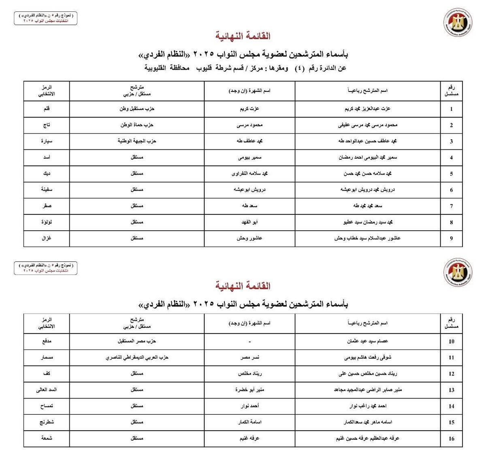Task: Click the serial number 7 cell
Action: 451,206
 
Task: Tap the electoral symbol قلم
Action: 47,109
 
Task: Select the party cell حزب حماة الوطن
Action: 137,125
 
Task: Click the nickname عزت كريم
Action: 249,109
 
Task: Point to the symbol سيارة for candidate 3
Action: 47,141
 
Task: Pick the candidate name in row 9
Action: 367,238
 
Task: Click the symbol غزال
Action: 47,238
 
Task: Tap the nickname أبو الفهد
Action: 249,222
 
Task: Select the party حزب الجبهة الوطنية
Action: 137,141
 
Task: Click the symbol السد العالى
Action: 47,390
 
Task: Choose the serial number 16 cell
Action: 451,438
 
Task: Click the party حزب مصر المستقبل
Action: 137,341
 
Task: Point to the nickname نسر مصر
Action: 249,357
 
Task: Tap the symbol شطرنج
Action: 47,422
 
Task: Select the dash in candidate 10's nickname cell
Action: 249,342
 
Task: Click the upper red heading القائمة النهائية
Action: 243,36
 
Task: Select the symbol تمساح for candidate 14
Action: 47,406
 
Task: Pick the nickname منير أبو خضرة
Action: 249,390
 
